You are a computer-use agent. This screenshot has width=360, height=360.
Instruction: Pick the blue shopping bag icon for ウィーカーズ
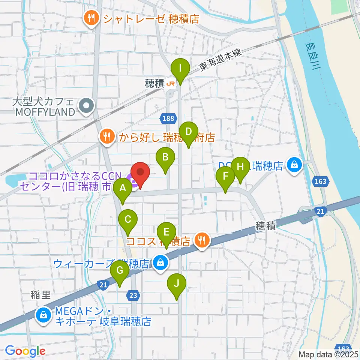tap(160, 263)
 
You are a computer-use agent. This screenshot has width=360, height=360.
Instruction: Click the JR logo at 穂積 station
tap(171, 84)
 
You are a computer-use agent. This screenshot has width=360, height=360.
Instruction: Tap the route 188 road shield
tap(168, 119)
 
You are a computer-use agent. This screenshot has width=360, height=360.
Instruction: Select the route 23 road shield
tap(133, 295)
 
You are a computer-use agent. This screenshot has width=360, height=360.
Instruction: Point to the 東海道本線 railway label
tap(221, 61)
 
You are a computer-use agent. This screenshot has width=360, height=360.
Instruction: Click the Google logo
tap(25, 351)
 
